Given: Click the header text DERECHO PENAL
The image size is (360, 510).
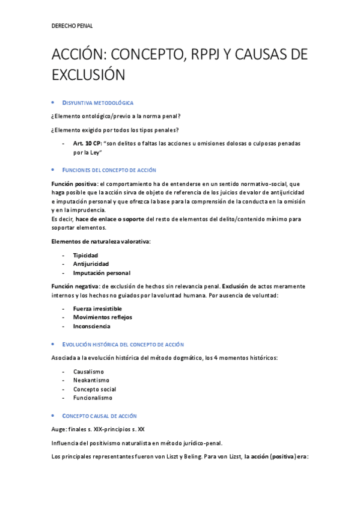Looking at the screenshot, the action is [72, 26].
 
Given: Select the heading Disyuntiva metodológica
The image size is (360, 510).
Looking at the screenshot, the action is [98, 103].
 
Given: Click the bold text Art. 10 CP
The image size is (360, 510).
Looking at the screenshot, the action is [86, 143].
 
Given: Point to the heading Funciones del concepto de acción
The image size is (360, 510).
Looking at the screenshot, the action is [109, 170].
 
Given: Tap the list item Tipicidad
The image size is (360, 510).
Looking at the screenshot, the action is [85, 255].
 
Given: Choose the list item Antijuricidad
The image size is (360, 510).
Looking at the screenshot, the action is [90, 264].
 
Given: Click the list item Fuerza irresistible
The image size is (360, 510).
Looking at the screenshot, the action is [97, 309].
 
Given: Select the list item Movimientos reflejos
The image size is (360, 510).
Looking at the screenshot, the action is [102, 317].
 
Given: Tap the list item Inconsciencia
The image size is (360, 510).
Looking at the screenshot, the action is [91, 326].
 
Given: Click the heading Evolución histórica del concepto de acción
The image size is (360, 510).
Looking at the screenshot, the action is [123, 344].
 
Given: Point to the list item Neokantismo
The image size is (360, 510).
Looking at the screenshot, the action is [91, 380].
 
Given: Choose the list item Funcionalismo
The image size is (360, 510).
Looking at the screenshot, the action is [93, 398].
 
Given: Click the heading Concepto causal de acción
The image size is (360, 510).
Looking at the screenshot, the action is [100, 416].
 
